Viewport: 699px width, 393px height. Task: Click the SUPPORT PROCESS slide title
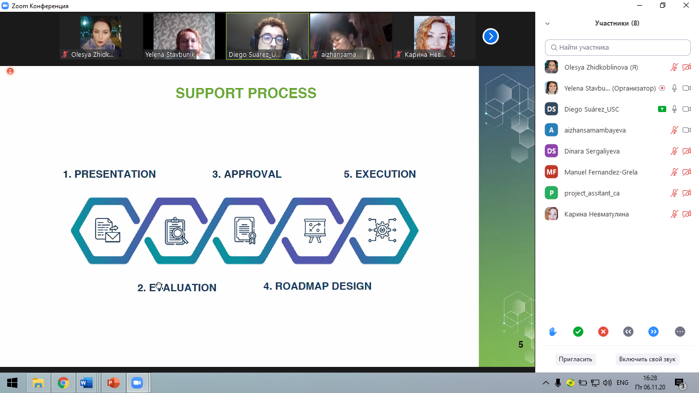(246, 93)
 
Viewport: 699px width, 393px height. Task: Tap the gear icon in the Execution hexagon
(382, 230)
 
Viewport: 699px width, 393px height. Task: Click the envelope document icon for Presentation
(107, 230)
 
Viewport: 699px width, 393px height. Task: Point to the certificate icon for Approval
(245, 230)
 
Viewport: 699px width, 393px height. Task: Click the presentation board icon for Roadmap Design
(315, 231)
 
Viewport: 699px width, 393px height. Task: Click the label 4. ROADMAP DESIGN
(317, 286)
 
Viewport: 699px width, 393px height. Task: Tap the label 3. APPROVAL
(247, 174)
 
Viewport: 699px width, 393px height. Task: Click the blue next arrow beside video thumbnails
(491, 36)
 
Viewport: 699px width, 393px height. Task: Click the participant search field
(618, 48)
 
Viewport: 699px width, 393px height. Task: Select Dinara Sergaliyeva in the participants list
(592, 151)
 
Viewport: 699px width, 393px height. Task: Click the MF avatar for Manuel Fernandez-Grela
(552, 172)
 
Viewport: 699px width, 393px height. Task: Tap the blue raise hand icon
(553, 332)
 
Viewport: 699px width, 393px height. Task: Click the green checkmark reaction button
(578, 332)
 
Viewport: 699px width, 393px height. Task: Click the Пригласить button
(576, 359)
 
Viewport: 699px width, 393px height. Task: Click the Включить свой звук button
(647, 359)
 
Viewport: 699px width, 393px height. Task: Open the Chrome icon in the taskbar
(63, 383)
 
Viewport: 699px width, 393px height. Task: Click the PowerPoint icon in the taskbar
(113, 383)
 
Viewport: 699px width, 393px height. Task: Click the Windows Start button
(12, 383)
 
